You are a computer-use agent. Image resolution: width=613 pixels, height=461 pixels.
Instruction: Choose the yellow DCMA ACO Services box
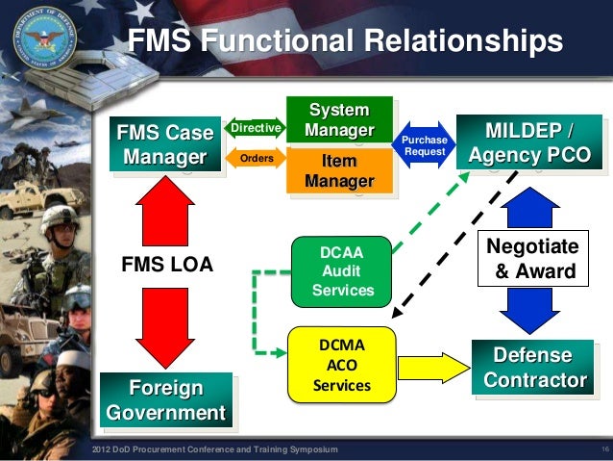pos(342,365)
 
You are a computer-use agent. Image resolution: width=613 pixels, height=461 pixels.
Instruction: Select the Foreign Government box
pos(166,400)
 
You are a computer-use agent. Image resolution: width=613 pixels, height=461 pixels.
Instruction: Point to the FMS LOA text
pos(166,262)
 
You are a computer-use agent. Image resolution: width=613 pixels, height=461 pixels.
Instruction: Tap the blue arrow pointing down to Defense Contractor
pos(530,310)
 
